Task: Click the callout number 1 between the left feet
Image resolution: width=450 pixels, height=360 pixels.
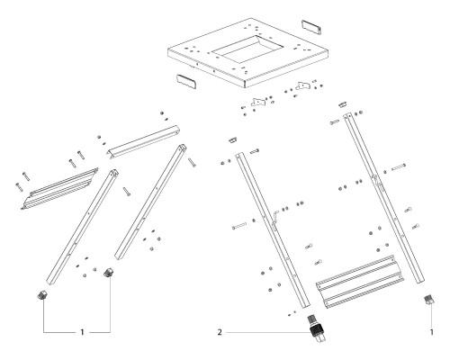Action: [83, 332]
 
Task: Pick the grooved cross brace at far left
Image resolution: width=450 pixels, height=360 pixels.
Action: [56, 186]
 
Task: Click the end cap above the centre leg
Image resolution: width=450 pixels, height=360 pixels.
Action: [229, 139]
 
